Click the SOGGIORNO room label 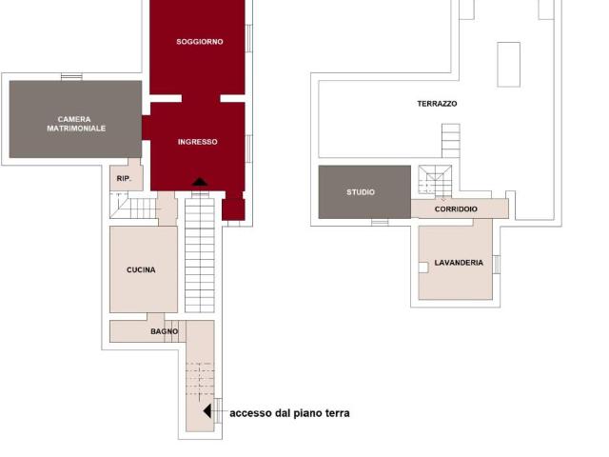coord(200,42)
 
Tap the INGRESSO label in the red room coord(198,142)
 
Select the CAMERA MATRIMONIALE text coord(76,124)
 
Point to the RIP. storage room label coord(125,178)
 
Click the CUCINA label coord(141,269)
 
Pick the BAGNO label coord(165,331)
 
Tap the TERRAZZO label coord(437,104)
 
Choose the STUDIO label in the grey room coord(361,192)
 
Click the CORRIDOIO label coord(456,209)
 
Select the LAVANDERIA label coord(459,263)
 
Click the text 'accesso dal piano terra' coord(289,413)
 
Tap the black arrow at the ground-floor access coord(207,411)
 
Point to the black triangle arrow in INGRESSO coord(200,182)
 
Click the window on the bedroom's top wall coord(71,77)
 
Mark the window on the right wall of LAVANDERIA coord(497,265)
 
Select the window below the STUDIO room coord(380,223)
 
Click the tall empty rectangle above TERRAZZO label coord(509,65)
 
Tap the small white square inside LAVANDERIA coord(423,268)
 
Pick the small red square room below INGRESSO coord(233,209)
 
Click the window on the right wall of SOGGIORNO coord(249,38)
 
